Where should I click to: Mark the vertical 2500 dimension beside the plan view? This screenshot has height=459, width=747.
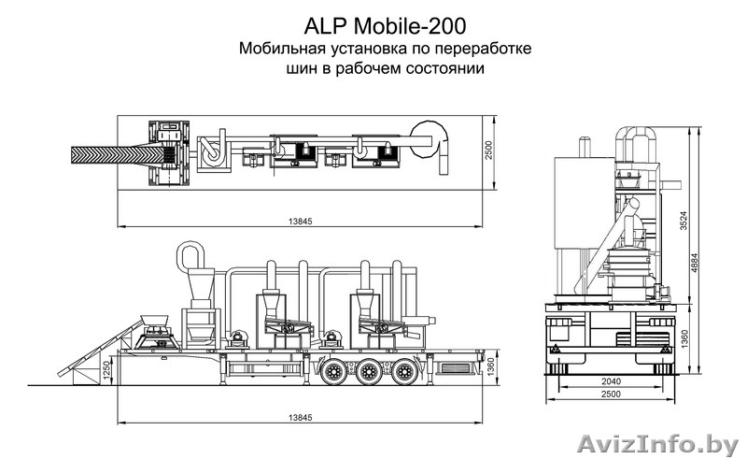[x=488, y=152]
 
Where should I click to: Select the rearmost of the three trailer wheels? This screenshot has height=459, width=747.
[x=403, y=372]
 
